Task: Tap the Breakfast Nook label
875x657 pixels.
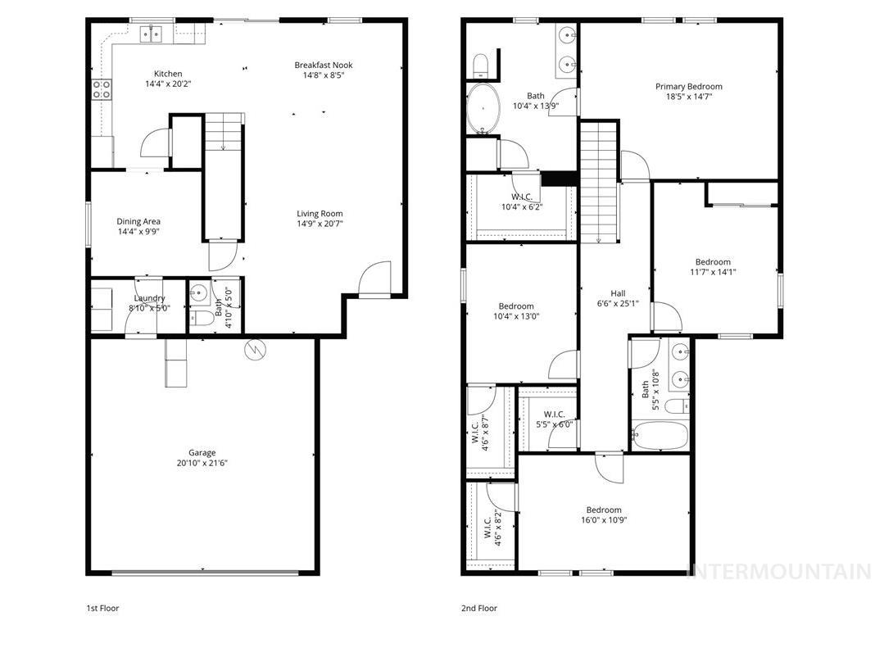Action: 324,65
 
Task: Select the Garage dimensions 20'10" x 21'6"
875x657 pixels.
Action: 202,464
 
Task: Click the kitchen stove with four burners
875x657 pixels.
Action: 102,89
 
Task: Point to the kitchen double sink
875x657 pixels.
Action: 151,34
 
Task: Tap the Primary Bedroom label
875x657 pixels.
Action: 688,86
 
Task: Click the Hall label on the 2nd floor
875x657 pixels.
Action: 618,293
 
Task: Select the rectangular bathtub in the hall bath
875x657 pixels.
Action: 660,434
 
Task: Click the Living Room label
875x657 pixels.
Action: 320,214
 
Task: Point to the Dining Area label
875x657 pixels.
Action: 138,221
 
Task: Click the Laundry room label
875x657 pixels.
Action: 150,298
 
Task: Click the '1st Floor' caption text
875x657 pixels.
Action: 102,609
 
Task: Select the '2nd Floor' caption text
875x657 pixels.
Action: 480,609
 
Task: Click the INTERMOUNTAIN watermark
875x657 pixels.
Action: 778,571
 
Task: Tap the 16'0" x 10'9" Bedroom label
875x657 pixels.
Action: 603,510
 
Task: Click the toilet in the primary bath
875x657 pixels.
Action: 481,64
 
